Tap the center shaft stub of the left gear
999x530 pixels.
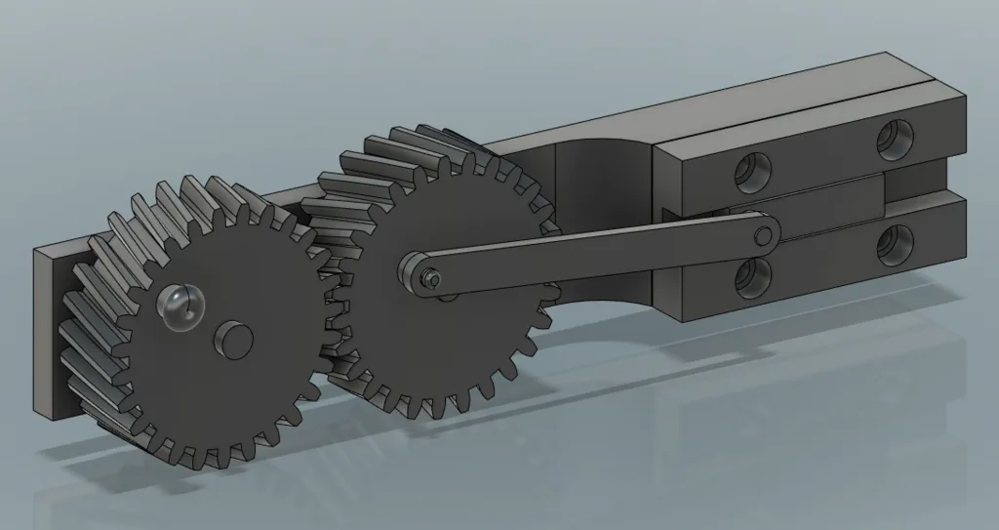point(234,339)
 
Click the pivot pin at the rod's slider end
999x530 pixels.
point(762,236)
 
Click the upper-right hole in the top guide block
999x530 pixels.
point(892,140)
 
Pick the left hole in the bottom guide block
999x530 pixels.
point(752,277)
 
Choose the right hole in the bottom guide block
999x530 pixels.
point(892,244)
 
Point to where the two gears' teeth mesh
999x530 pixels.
point(332,293)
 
